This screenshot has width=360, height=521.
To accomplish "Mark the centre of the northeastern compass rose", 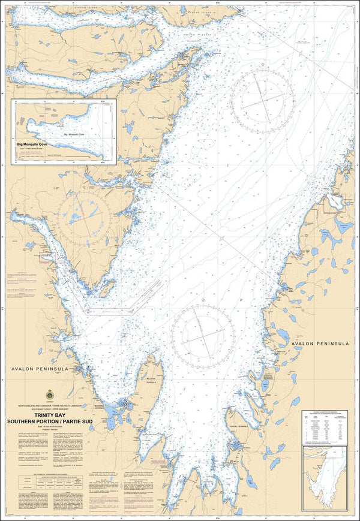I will coord(262,97).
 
